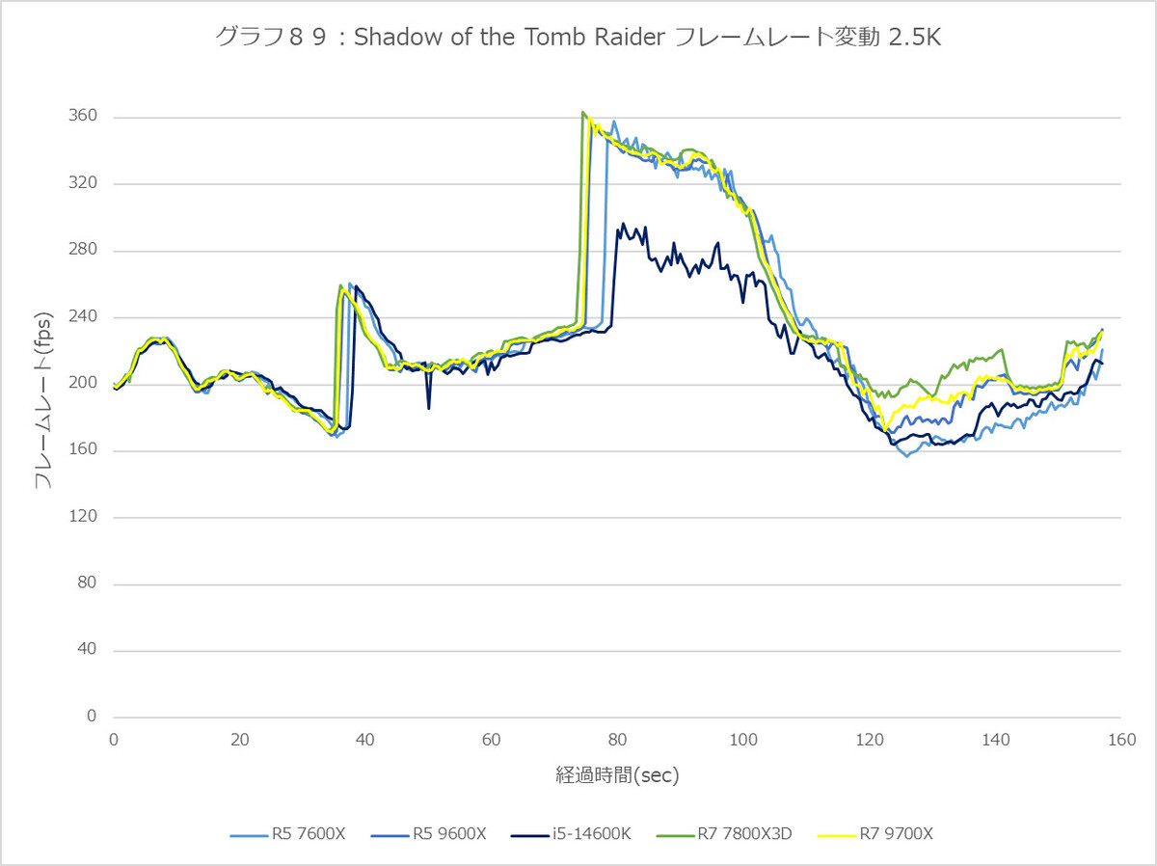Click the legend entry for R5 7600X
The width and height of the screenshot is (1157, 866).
coord(287,834)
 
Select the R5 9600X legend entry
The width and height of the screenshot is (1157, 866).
coord(428,834)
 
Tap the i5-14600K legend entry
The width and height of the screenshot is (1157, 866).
coord(571,834)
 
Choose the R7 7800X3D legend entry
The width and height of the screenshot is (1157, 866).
coord(724,834)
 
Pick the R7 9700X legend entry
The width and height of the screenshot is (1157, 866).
coord(875,834)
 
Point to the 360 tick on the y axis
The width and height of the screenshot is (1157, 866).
coord(83,116)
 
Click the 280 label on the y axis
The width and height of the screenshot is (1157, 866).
coord(83,250)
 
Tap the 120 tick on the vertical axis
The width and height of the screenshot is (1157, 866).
coord(83,517)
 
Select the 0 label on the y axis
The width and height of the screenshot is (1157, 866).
coord(92,717)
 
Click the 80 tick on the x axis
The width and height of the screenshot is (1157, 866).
coord(617,741)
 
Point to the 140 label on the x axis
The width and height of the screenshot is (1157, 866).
coord(996,741)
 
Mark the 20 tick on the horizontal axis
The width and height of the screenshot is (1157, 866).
coord(240,741)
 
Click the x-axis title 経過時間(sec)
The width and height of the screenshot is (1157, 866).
coord(617,775)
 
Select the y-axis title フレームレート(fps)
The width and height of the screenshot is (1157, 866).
coord(43,400)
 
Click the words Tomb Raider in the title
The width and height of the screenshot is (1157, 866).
coord(595,38)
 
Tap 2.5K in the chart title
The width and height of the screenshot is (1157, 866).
coord(915,38)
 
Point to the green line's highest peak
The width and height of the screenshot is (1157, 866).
coord(582,112)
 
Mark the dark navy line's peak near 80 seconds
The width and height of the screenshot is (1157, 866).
coord(623,224)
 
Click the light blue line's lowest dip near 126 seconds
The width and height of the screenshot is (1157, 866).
coord(907,456)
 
